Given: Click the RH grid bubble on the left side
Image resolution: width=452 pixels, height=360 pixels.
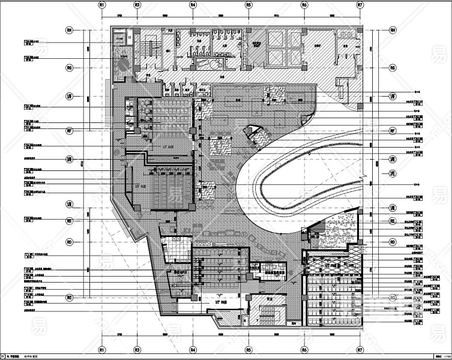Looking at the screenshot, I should (x=69, y=29).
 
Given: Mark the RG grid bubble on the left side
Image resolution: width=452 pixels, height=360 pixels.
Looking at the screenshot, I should (x=69, y=68).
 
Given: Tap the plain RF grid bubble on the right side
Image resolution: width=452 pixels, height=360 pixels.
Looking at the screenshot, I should (x=392, y=130).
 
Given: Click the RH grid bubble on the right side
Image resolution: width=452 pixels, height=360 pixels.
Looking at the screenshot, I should (x=392, y=29).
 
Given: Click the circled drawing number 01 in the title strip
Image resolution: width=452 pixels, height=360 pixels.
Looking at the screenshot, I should (x=4, y=356).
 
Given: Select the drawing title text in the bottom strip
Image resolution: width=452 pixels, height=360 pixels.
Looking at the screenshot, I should (x=30, y=356).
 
